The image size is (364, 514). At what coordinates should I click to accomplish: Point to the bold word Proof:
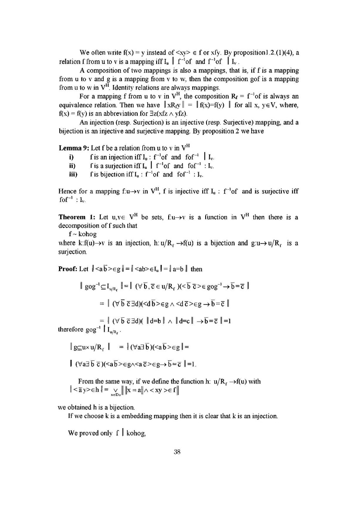pyautogui.click(x=68, y=269)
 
